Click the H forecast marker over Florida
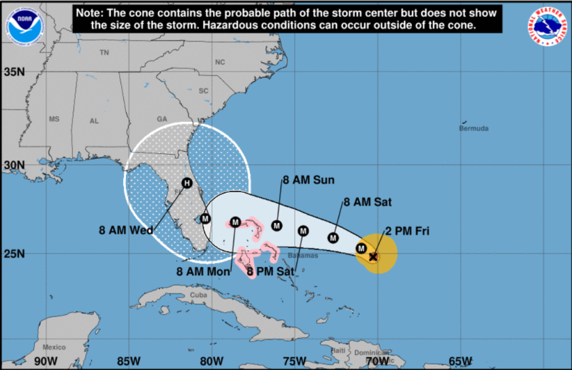click(x=187, y=183)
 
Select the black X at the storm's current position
click(x=373, y=256)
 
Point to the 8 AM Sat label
click(x=368, y=202)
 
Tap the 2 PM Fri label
click(x=407, y=231)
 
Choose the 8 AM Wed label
click(x=126, y=230)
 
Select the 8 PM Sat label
click(x=270, y=271)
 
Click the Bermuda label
click(x=474, y=128)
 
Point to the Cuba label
click(x=197, y=295)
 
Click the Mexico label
click(x=53, y=348)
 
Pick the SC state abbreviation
click(x=203, y=91)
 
